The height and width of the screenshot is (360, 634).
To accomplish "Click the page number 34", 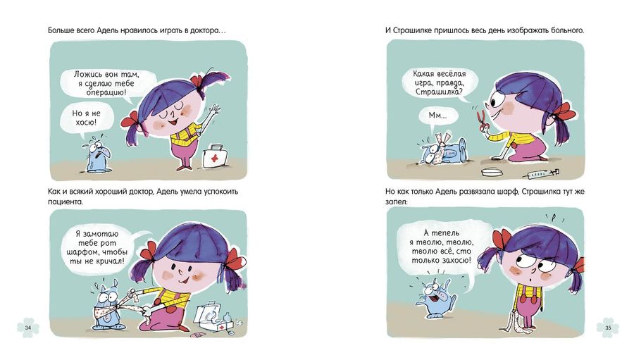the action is [x=28, y=328].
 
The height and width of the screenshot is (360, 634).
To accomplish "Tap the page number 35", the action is [x=608, y=328].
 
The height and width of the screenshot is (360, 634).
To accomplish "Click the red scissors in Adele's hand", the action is [x=482, y=122].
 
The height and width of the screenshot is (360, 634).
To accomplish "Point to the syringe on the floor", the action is [x=540, y=173].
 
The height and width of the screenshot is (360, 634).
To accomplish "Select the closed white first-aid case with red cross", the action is [x=215, y=156].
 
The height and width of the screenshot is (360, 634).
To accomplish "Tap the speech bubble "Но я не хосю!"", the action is [x=87, y=119].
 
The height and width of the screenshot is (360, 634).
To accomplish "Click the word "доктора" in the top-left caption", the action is [x=204, y=30].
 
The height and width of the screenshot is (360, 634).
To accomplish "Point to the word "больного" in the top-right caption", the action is [x=567, y=30].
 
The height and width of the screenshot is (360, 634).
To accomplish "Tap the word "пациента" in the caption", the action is [x=65, y=201].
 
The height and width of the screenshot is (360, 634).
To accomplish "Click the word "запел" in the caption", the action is [x=395, y=201].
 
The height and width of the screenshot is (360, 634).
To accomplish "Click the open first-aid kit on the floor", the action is [x=213, y=318].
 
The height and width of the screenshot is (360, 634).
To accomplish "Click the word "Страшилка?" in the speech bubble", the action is [x=438, y=92].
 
